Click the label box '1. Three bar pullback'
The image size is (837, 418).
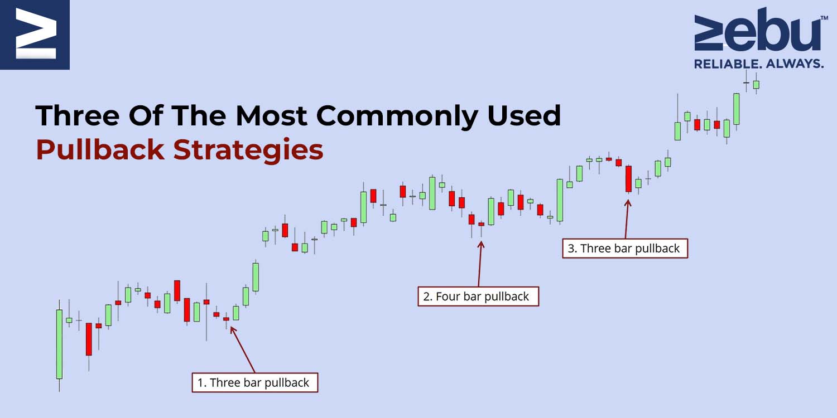[x=255, y=382]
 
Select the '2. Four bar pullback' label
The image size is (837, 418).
[x=478, y=297]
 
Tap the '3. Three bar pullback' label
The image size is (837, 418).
[x=625, y=248]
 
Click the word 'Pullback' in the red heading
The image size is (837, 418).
[x=100, y=150]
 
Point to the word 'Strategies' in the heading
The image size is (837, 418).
[x=248, y=150]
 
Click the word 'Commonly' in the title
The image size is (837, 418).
[x=397, y=116]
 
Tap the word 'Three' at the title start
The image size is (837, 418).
[x=78, y=115]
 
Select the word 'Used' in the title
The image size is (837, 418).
[x=525, y=115]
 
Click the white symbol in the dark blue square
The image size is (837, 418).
[x=36, y=33]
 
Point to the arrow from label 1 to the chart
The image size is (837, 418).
[x=243, y=349]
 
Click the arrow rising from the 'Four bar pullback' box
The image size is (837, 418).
[x=480, y=264]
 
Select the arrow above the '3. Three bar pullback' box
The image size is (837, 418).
[x=627, y=219]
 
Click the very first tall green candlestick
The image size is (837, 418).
[x=59, y=344]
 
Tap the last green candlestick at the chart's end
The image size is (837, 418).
[x=756, y=85]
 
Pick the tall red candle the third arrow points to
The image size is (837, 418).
[x=628, y=179]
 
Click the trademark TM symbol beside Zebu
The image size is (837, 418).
[x=824, y=17]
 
